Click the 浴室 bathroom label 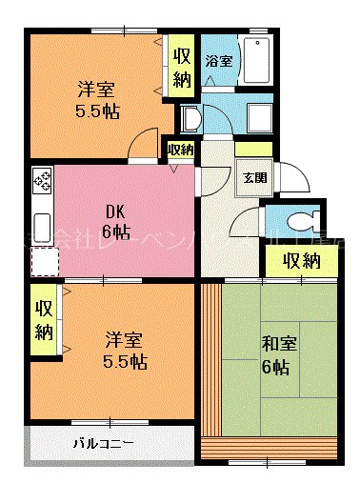[219, 61]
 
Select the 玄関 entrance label [254, 177]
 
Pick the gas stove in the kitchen [42, 180]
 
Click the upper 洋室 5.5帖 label [96, 100]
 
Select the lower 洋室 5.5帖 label [125, 350]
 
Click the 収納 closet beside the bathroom [182, 64]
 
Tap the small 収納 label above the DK [180, 150]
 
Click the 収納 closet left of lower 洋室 [44, 320]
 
